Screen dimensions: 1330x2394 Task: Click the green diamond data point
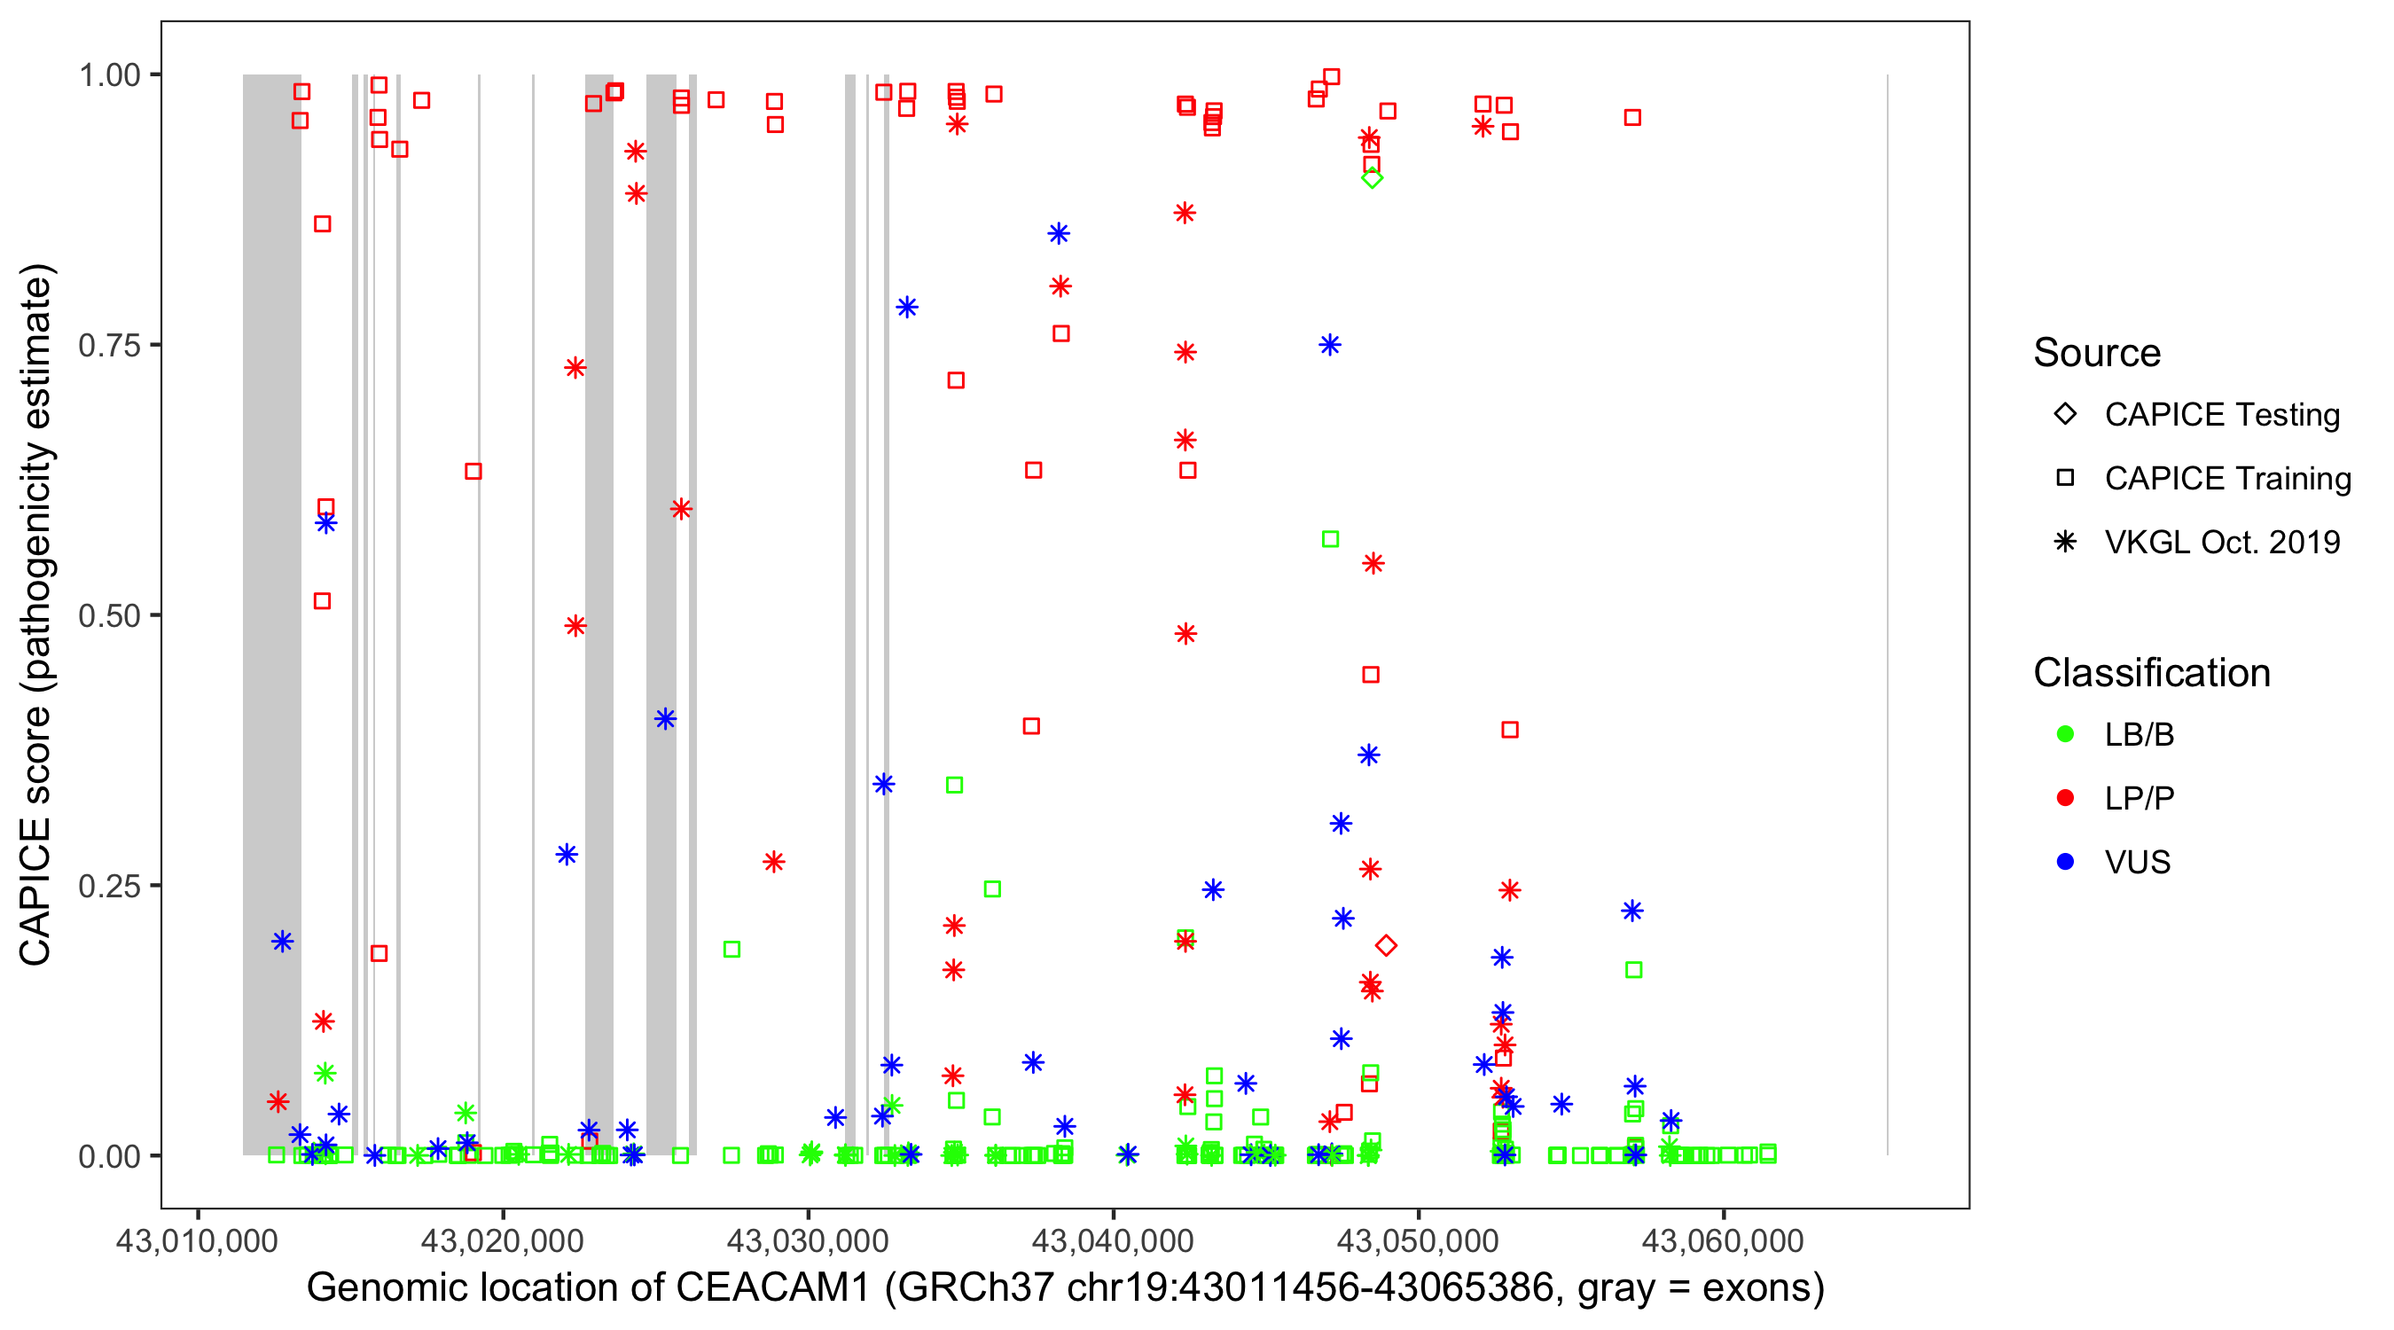(x=1372, y=177)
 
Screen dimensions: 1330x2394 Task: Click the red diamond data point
(x=1386, y=945)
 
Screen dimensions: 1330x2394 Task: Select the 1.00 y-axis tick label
(x=109, y=75)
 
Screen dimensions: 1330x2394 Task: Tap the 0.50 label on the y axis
(x=109, y=615)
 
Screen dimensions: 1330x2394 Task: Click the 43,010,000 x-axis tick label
(x=197, y=1240)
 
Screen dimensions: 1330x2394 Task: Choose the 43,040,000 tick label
(x=1113, y=1240)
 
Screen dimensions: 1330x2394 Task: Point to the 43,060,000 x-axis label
(x=1723, y=1240)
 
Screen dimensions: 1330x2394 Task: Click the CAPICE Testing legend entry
(x=2221, y=415)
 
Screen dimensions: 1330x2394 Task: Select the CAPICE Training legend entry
(x=2226, y=479)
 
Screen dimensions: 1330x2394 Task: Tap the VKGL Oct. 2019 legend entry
(x=2221, y=542)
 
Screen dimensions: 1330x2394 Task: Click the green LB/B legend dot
(x=2065, y=734)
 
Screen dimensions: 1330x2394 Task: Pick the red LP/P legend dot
(x=2065, y=798)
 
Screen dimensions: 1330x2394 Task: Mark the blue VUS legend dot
(x=2065, y=862)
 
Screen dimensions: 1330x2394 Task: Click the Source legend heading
(x=2097, y=353)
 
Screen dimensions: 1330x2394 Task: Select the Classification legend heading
(x=2151, y=673)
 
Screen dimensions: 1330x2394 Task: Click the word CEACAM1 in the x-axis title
(x=773, y=1288)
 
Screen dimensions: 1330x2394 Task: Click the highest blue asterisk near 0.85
(x=1059, y=233)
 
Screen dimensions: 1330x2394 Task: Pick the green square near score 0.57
(x=1330, y=539)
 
